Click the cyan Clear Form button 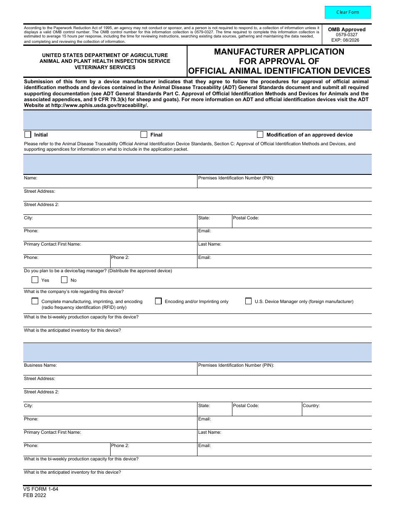[x=347, y=12]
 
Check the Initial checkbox [x=28, y=134]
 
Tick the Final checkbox [x=144, y=134]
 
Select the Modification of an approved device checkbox [x=260, y=134]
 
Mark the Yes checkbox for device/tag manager [x=35, y=280]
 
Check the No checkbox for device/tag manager [x=64, y=280]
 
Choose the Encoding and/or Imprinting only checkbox [x=158, y=301]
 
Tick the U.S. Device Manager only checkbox [x=248, y=301]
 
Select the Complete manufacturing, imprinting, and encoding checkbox [x=35, y=301]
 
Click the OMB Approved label [x=347, y=30]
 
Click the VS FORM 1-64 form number [x=41, y=489]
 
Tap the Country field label [x=311, y=405]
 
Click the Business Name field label [x=40, y=365]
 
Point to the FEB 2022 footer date [x=35, y=495]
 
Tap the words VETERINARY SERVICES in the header [x=105, y=67]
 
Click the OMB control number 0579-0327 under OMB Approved [x=347, y=35]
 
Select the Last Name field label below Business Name [x=210, y=432]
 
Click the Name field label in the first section [x=30, y=178]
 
